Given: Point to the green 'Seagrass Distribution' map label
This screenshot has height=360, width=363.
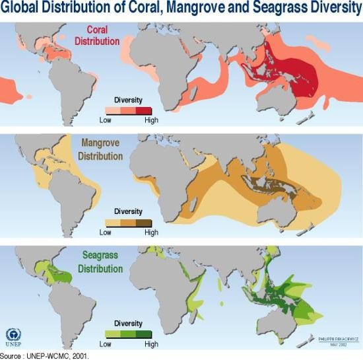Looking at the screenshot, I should [100, 263].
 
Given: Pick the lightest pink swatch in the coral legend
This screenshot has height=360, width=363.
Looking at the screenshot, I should [114, 110].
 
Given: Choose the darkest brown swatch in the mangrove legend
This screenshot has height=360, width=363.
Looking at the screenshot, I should [145, 223].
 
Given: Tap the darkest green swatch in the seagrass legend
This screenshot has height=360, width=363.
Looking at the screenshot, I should [145, 335].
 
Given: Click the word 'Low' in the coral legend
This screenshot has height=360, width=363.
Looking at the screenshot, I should [106, 120].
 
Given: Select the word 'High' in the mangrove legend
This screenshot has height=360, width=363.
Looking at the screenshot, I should [152, 233].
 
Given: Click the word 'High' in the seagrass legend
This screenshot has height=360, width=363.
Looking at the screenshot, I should [152, 344].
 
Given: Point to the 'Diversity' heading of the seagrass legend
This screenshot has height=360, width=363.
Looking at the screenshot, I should [129, 324].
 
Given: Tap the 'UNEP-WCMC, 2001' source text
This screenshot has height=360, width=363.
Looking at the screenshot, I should [59, 355].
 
